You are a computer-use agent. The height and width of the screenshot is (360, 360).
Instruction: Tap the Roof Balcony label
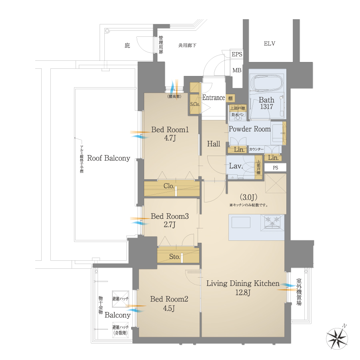click(x=108, y=158)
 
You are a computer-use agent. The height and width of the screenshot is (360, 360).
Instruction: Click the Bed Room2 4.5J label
click(x=169, y=303)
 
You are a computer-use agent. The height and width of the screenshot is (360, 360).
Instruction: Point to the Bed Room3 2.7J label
click(x=169, y=220)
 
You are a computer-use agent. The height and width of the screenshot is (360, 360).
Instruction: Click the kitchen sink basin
click(x=241, y=222)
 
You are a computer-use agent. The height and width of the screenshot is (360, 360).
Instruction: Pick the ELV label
click(x=270, y=44)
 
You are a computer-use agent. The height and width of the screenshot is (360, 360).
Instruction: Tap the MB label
click(x=237, y=70)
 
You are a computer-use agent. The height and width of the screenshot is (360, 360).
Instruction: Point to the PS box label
click(x=275, y=168)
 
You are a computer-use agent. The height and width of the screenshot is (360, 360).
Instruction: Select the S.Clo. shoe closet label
click(x=195, y=104)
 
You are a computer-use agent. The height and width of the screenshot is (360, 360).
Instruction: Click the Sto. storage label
click(x=174, y=256)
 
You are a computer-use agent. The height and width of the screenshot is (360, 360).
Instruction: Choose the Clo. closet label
click(x=169, y=186)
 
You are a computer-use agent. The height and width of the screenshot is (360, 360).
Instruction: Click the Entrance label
click(x=213, y=98)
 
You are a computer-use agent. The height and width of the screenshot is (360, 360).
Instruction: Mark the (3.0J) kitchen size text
click(x=248, y=197)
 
